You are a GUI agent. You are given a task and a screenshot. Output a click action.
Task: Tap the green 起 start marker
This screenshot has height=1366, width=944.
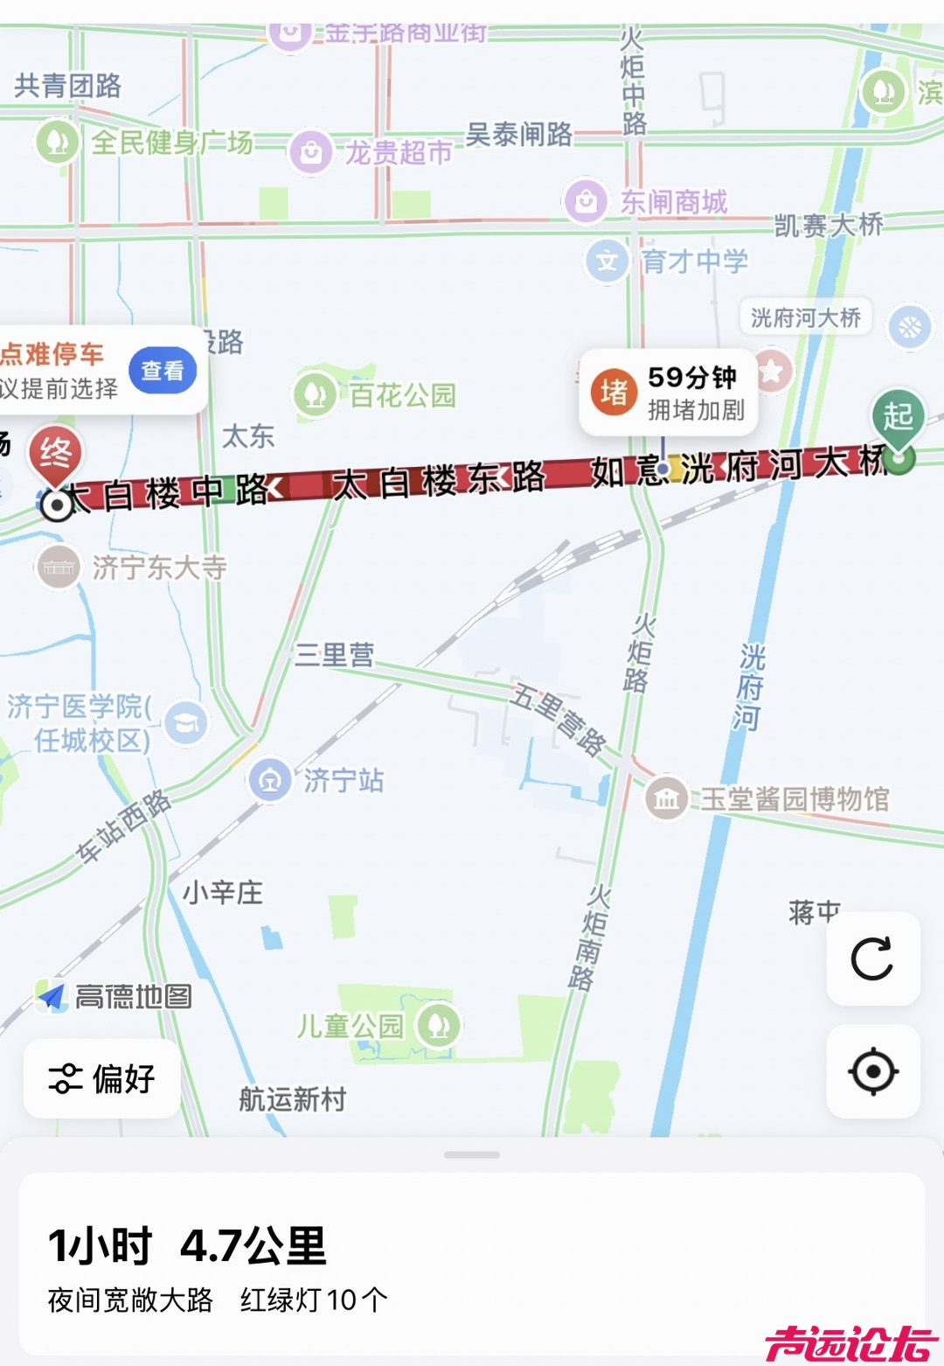[898, 416]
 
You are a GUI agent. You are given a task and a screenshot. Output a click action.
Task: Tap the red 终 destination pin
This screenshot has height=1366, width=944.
[55, 454]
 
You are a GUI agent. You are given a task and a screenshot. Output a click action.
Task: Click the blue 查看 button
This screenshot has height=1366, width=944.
[163, 371]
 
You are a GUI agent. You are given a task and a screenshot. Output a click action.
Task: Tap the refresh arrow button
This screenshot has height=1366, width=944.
[872, 958]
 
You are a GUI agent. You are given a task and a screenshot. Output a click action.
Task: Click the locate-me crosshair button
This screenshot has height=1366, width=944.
[872, 1071]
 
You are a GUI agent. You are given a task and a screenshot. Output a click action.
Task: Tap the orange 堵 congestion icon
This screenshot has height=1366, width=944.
[614, 393]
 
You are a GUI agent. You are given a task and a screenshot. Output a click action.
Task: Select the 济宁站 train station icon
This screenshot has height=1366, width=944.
[270, 779]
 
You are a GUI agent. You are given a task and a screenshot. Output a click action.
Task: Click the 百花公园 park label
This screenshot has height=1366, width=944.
[403, 395]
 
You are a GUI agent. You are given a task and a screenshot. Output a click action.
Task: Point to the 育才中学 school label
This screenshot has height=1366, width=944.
[695, 261]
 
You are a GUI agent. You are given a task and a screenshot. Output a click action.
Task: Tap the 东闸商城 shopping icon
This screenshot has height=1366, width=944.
[586, 202]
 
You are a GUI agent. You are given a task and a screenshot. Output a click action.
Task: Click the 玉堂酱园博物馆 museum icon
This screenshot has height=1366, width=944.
[666, 798]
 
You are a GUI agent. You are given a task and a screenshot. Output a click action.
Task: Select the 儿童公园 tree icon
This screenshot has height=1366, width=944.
[438, 1025]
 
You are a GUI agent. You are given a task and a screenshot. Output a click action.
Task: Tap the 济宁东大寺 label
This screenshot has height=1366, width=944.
[159, 568]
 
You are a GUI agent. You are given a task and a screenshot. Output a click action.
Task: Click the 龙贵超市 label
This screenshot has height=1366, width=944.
[399, 153]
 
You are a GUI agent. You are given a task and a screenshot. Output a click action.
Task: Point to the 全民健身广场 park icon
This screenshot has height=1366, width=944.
[58, 142]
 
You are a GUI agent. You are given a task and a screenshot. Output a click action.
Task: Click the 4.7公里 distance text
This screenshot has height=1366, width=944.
[253, 1245]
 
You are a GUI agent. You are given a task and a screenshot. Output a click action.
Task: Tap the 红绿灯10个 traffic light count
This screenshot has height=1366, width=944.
[314, 1300]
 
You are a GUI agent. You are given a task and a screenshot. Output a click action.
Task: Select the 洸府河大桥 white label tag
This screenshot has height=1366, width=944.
[805, 317]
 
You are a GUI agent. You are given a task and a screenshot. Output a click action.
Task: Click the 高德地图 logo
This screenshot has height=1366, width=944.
[115, 996]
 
